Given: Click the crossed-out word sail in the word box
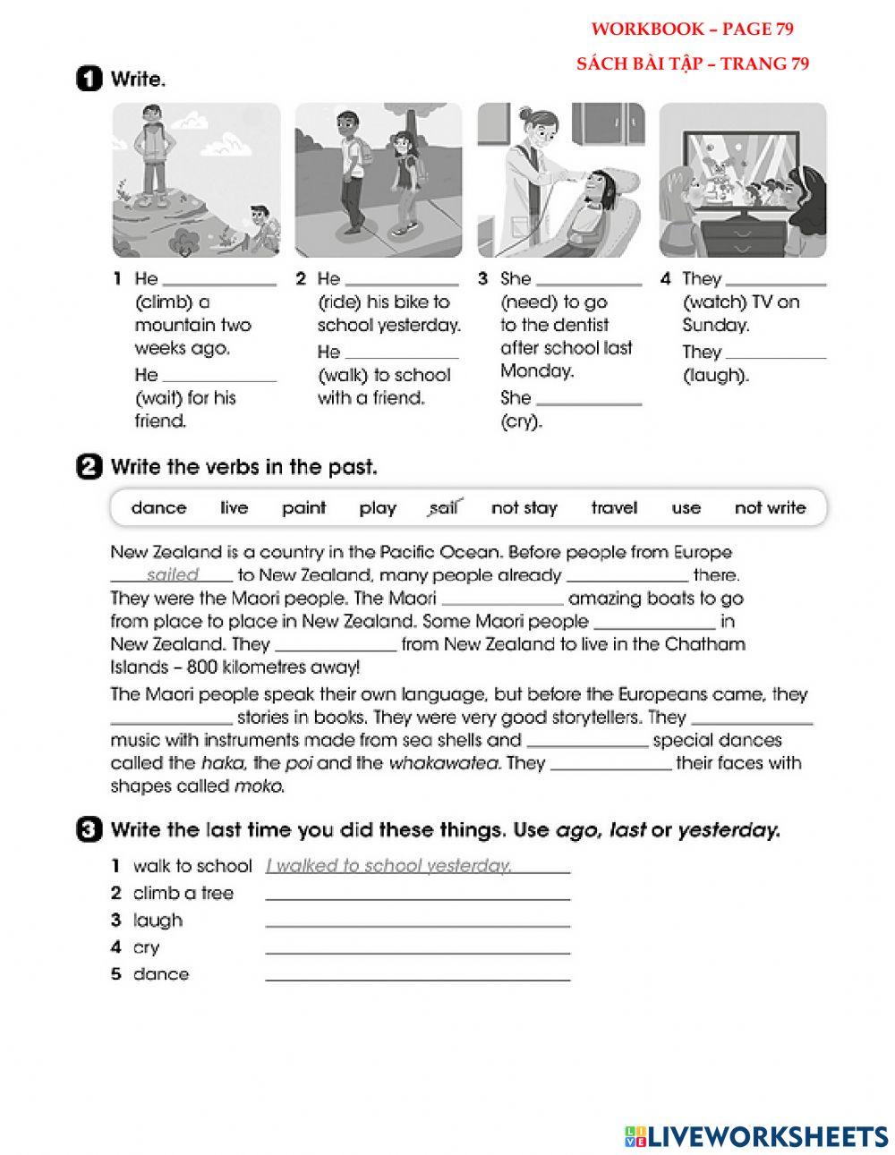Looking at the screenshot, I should tap(443, 508).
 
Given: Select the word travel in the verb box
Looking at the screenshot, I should tap(614, 508).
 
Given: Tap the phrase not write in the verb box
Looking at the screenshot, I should tap(770, 508).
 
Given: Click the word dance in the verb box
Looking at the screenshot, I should tap(158, 508).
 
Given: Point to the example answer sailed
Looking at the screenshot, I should tap(173, 575).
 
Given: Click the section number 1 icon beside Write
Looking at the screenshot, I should tap(89, 80).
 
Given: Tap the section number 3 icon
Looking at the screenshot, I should tap(89, 830).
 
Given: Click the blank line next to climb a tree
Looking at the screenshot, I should tap(417, 894).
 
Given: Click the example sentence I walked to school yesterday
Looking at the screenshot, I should tap(388, 866).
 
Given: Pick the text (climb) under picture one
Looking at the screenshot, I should tap(164, 302).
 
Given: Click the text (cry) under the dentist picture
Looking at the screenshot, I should tap(522, 422).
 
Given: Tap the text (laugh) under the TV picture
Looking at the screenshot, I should tap(715, 376).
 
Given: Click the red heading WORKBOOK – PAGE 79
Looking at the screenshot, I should tap(692, 30).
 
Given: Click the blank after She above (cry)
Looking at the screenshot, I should tap(589, 399).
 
